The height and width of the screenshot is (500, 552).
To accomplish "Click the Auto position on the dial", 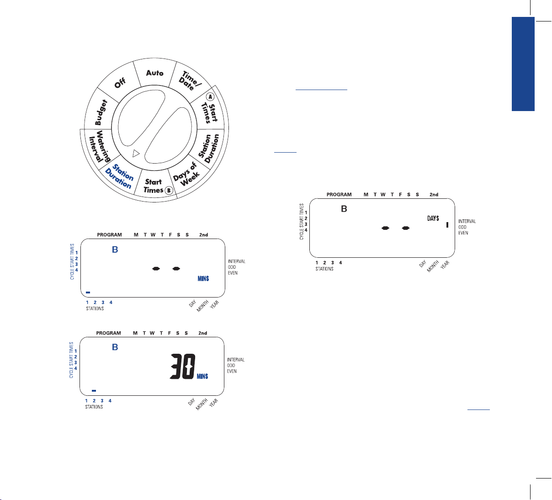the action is [154, 73].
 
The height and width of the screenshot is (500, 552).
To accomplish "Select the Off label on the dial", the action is [120, 83].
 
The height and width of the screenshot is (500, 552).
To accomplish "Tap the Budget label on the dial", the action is [101, 112].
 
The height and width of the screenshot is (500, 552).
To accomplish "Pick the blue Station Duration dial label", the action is [119, 176].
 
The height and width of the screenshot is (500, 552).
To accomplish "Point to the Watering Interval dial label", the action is [99, 146].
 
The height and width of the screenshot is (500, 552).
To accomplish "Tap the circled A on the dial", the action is [210, 96].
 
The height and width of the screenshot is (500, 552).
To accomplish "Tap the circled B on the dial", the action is [169, 190].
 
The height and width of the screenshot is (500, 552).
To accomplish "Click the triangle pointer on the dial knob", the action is [135, 154].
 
